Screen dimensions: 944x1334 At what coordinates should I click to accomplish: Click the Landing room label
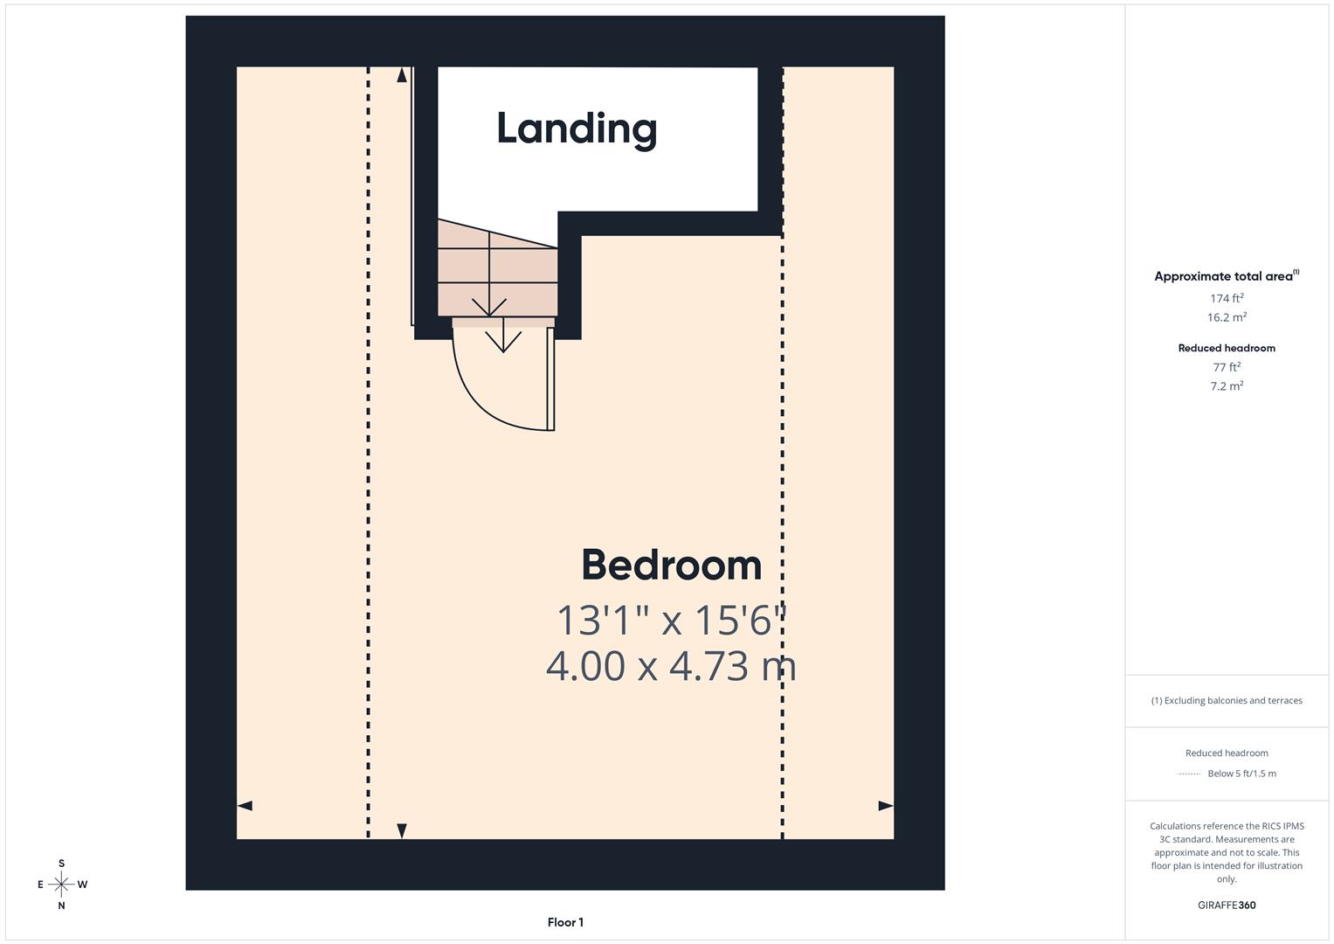click(x=577, y=129)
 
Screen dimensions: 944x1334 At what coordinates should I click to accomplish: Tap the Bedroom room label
click(x=671, y=565)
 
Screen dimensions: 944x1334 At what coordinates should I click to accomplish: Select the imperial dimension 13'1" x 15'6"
click(x=671, y=621)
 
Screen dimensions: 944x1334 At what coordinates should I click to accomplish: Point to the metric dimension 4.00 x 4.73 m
click(x=671, y=666)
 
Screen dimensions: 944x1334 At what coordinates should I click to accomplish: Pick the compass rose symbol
click(x=61, y=885)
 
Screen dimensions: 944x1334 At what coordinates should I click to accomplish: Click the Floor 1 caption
click(x=565, y=922)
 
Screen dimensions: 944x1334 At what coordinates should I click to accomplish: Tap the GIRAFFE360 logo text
click(x=1227, y=906)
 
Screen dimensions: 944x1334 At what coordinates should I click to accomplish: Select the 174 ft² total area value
click(x=1227, y=298)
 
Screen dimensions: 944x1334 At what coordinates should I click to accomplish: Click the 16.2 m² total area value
click(x=1227, y=317)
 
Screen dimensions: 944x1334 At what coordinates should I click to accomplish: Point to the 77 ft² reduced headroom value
click(x=1227, y=367)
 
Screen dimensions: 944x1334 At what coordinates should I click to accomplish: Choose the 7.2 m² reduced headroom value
click(x=1227, y=385)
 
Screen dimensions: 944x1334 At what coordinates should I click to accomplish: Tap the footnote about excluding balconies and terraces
click(x=1227, y=700)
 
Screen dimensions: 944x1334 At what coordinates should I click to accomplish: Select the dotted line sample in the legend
click(x=1189, y=774)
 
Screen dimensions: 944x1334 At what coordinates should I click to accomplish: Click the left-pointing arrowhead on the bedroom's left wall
click(x=245, y=805)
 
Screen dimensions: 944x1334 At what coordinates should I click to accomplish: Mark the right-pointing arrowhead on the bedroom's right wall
click(x=886, y=805)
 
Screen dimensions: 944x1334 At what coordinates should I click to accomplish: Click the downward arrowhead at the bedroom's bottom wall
click(x=402, y=830)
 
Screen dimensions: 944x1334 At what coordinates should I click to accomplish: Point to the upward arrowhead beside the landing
click(x=402, y=75)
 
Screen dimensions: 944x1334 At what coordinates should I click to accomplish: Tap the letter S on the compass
click(x=61, y=864)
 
